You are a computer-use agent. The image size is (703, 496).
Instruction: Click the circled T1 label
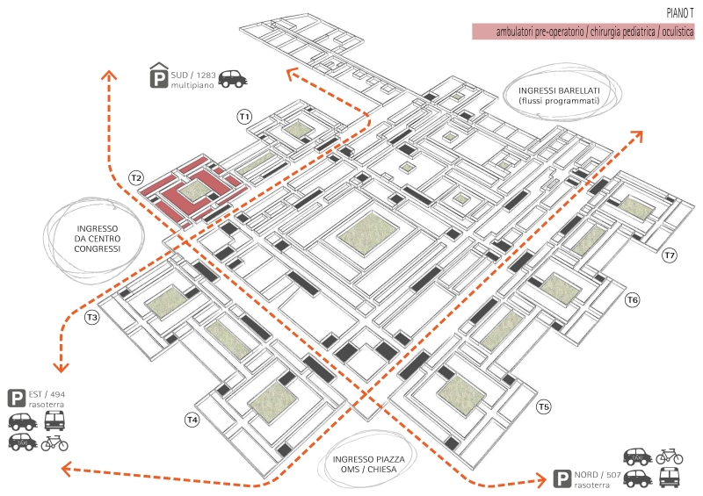click(244, 117)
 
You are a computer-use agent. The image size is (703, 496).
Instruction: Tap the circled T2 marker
click(136, 178)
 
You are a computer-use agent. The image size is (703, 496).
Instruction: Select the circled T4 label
click(192, 420)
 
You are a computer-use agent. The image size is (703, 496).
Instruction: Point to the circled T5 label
click(544, 406)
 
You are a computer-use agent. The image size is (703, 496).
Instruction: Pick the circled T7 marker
click(670, 255)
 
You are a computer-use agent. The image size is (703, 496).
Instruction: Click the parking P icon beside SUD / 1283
click(159, 75)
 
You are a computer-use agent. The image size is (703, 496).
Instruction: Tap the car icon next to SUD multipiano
click(233, 79)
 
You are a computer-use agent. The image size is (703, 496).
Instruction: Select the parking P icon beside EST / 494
click(17, 399)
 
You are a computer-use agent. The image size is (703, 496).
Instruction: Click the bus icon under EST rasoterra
click(55, 421)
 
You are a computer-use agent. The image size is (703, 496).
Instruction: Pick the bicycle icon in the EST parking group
click(54, 443)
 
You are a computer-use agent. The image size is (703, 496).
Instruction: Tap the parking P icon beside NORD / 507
click(562, 478)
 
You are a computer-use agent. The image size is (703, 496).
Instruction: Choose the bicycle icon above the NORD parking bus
click(670, 456)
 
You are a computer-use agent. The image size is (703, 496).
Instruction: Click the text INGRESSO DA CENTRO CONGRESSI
click(98, 239)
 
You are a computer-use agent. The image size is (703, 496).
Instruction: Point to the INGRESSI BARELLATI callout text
click(559, 96)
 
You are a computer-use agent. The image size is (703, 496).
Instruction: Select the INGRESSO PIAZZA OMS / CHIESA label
click(368, 464)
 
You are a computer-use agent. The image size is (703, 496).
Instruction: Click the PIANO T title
click(679, 13)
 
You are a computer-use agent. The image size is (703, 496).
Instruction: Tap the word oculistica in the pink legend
click(678, 32)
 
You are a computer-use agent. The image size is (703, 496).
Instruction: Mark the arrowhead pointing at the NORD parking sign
click(541, 481)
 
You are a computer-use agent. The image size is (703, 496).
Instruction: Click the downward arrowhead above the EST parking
click(61, 367)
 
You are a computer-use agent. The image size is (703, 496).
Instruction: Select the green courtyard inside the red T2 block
click(194, 190)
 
